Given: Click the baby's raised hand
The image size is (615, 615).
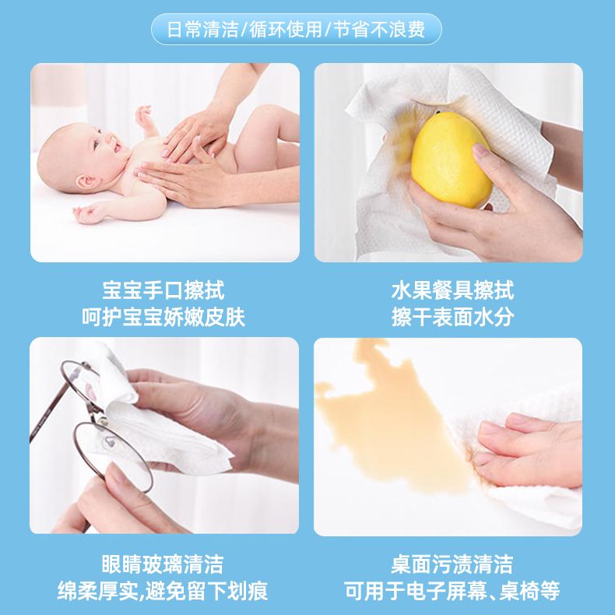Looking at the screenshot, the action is (143, 115).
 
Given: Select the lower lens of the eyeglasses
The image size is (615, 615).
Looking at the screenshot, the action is (113, 456).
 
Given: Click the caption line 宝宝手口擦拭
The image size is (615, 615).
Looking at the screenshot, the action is (163, 290).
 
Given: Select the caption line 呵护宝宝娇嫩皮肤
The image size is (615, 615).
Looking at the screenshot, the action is (163, 317).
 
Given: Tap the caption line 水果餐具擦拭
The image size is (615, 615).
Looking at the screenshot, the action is (452, 290).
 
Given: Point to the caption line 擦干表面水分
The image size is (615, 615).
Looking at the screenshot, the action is (452, 317).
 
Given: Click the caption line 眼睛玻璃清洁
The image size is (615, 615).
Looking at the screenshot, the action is (163, 564).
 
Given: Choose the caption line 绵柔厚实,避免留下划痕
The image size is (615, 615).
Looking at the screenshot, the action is (163, 591).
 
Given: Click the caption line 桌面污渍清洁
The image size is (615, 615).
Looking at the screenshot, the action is (452, 564).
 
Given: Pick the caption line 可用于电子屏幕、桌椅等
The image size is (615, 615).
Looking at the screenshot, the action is (452, 591).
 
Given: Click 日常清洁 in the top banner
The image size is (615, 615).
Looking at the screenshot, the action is (202, 30).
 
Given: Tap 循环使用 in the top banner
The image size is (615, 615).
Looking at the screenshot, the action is (286, 30).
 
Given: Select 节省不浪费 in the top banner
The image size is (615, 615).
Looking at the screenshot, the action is (379, 30).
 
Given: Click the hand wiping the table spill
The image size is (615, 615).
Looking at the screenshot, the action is (528, 450).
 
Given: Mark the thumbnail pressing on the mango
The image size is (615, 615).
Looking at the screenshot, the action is (480, 150).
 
